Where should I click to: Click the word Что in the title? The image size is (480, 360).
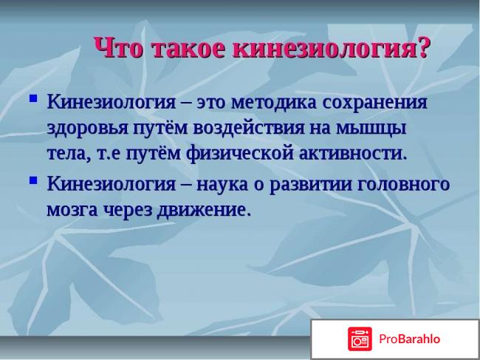coord(119,49)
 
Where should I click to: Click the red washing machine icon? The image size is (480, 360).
coord(360,339)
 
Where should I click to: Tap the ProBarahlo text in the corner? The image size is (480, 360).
coord(410,339)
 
